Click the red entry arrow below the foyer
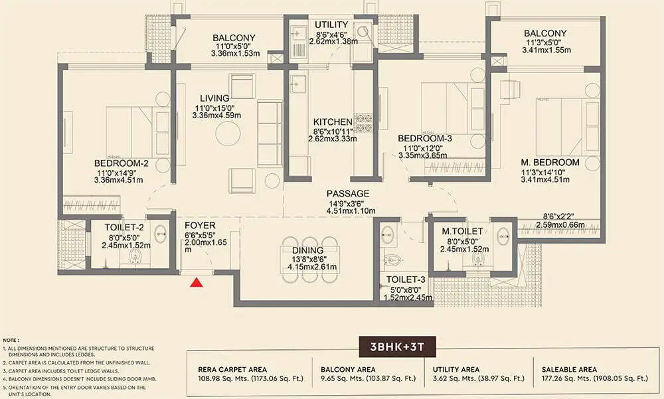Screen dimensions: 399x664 (x=196, y=283)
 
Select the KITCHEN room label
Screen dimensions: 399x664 (x=333, y=122)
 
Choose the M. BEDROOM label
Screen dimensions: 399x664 (x=550, y=162)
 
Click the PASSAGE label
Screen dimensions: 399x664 (x=348, y=194)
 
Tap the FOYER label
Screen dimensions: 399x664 (x=200, y=225)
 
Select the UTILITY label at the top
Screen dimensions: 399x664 (x=333, y=25)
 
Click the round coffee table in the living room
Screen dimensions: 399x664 (x=228, y=135)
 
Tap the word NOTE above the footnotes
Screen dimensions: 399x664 (x=12, y=339)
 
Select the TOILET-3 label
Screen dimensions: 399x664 (x=406, y=280)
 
